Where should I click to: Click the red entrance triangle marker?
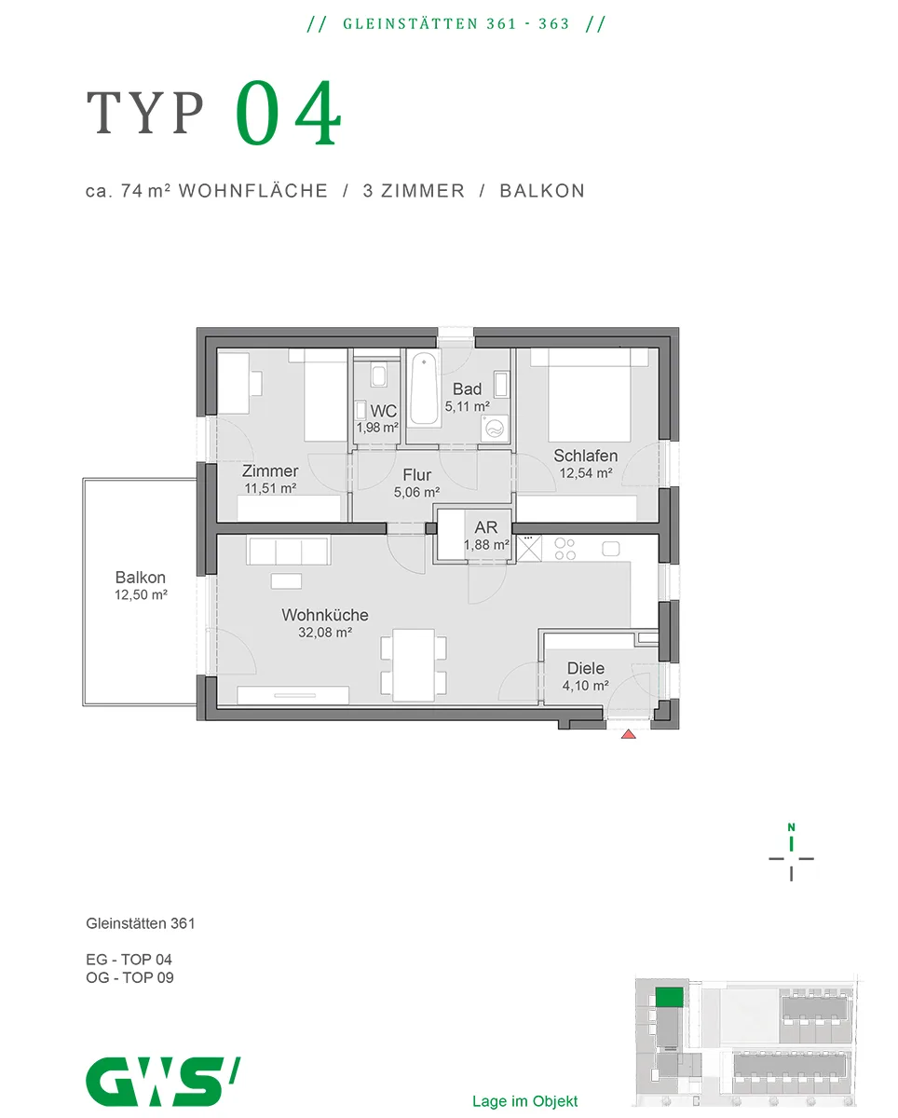(628, 734)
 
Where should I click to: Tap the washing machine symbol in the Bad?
(494, 429)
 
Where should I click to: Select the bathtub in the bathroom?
(424, 389)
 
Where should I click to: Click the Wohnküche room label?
(325, 615)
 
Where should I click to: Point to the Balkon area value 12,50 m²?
(141, 594)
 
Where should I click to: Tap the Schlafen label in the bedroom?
(585, 456)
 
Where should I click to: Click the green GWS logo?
(163, 1082)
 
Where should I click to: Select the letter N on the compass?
(791, 827)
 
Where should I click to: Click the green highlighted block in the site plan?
(669, 998)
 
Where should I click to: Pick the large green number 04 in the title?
(288, 113)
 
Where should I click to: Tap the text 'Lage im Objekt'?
(524, 1101)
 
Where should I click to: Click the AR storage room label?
(485, 527)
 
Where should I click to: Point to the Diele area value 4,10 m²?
(585, 686)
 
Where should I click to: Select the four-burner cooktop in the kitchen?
(565, 549)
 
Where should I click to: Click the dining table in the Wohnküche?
(414, 665)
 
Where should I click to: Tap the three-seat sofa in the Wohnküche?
(288, 551)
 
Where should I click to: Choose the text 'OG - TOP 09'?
(129, 977)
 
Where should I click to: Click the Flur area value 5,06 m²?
(416, 492)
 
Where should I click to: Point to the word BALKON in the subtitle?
(542, 191)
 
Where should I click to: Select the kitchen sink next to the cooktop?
(611, 549)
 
